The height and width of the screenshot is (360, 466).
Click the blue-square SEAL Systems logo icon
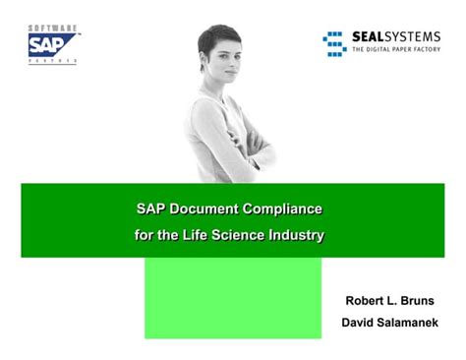coord(333,42)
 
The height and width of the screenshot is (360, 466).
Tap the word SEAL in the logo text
coord(371,37)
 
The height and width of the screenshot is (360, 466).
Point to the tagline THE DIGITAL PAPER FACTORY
coord(395,49)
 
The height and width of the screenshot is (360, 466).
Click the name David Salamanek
coord(390,322)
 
